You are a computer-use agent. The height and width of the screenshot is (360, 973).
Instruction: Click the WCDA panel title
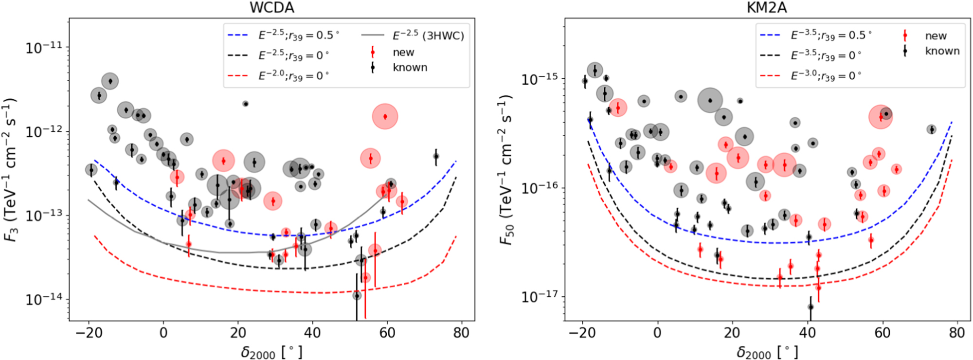point(272,7)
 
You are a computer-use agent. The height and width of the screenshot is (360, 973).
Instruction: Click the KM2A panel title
point(767,7)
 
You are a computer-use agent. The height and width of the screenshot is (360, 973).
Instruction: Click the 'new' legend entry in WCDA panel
point(403,52)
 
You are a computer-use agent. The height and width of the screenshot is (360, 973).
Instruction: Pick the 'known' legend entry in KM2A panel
point(942,51)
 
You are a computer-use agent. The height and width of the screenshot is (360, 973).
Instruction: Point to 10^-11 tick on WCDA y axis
point(44,48)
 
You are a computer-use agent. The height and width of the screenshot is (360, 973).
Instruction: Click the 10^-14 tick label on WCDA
point(44,299)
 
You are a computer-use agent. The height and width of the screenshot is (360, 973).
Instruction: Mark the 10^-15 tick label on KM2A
point(540,79)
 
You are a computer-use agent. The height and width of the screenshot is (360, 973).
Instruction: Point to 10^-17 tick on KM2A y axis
point(540,296)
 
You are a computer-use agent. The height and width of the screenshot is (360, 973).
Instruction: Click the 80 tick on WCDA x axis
point(461,333)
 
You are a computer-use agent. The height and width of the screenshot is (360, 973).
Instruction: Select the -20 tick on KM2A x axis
point(582,333)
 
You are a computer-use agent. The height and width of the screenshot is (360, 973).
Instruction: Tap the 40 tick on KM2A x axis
point(807,333)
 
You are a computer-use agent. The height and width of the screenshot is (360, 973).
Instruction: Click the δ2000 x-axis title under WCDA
point(271,352)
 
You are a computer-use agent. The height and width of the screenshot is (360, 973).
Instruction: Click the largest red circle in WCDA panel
point(385,117)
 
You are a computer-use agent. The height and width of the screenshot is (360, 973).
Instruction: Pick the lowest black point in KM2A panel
point(811,307)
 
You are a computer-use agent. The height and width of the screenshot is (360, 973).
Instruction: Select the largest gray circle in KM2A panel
point(710,101)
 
